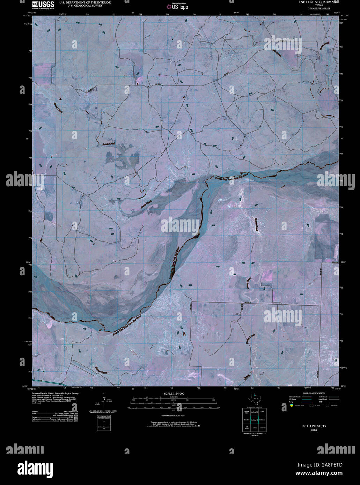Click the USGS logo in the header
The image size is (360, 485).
[43, 5]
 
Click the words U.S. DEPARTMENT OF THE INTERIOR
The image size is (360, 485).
[85, 2]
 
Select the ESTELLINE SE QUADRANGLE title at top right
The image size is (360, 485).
[316, 2]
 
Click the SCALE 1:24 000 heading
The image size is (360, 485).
[174, 394]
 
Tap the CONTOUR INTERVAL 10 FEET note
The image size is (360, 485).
[173, 416]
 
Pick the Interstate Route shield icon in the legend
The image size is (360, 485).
[292, 405]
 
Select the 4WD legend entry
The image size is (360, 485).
[321, 402]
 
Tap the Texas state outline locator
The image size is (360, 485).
[254, 398]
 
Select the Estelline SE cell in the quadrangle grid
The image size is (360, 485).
[255, 420]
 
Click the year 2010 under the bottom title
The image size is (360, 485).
[314, 431]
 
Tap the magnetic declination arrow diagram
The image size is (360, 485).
[103, 401]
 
